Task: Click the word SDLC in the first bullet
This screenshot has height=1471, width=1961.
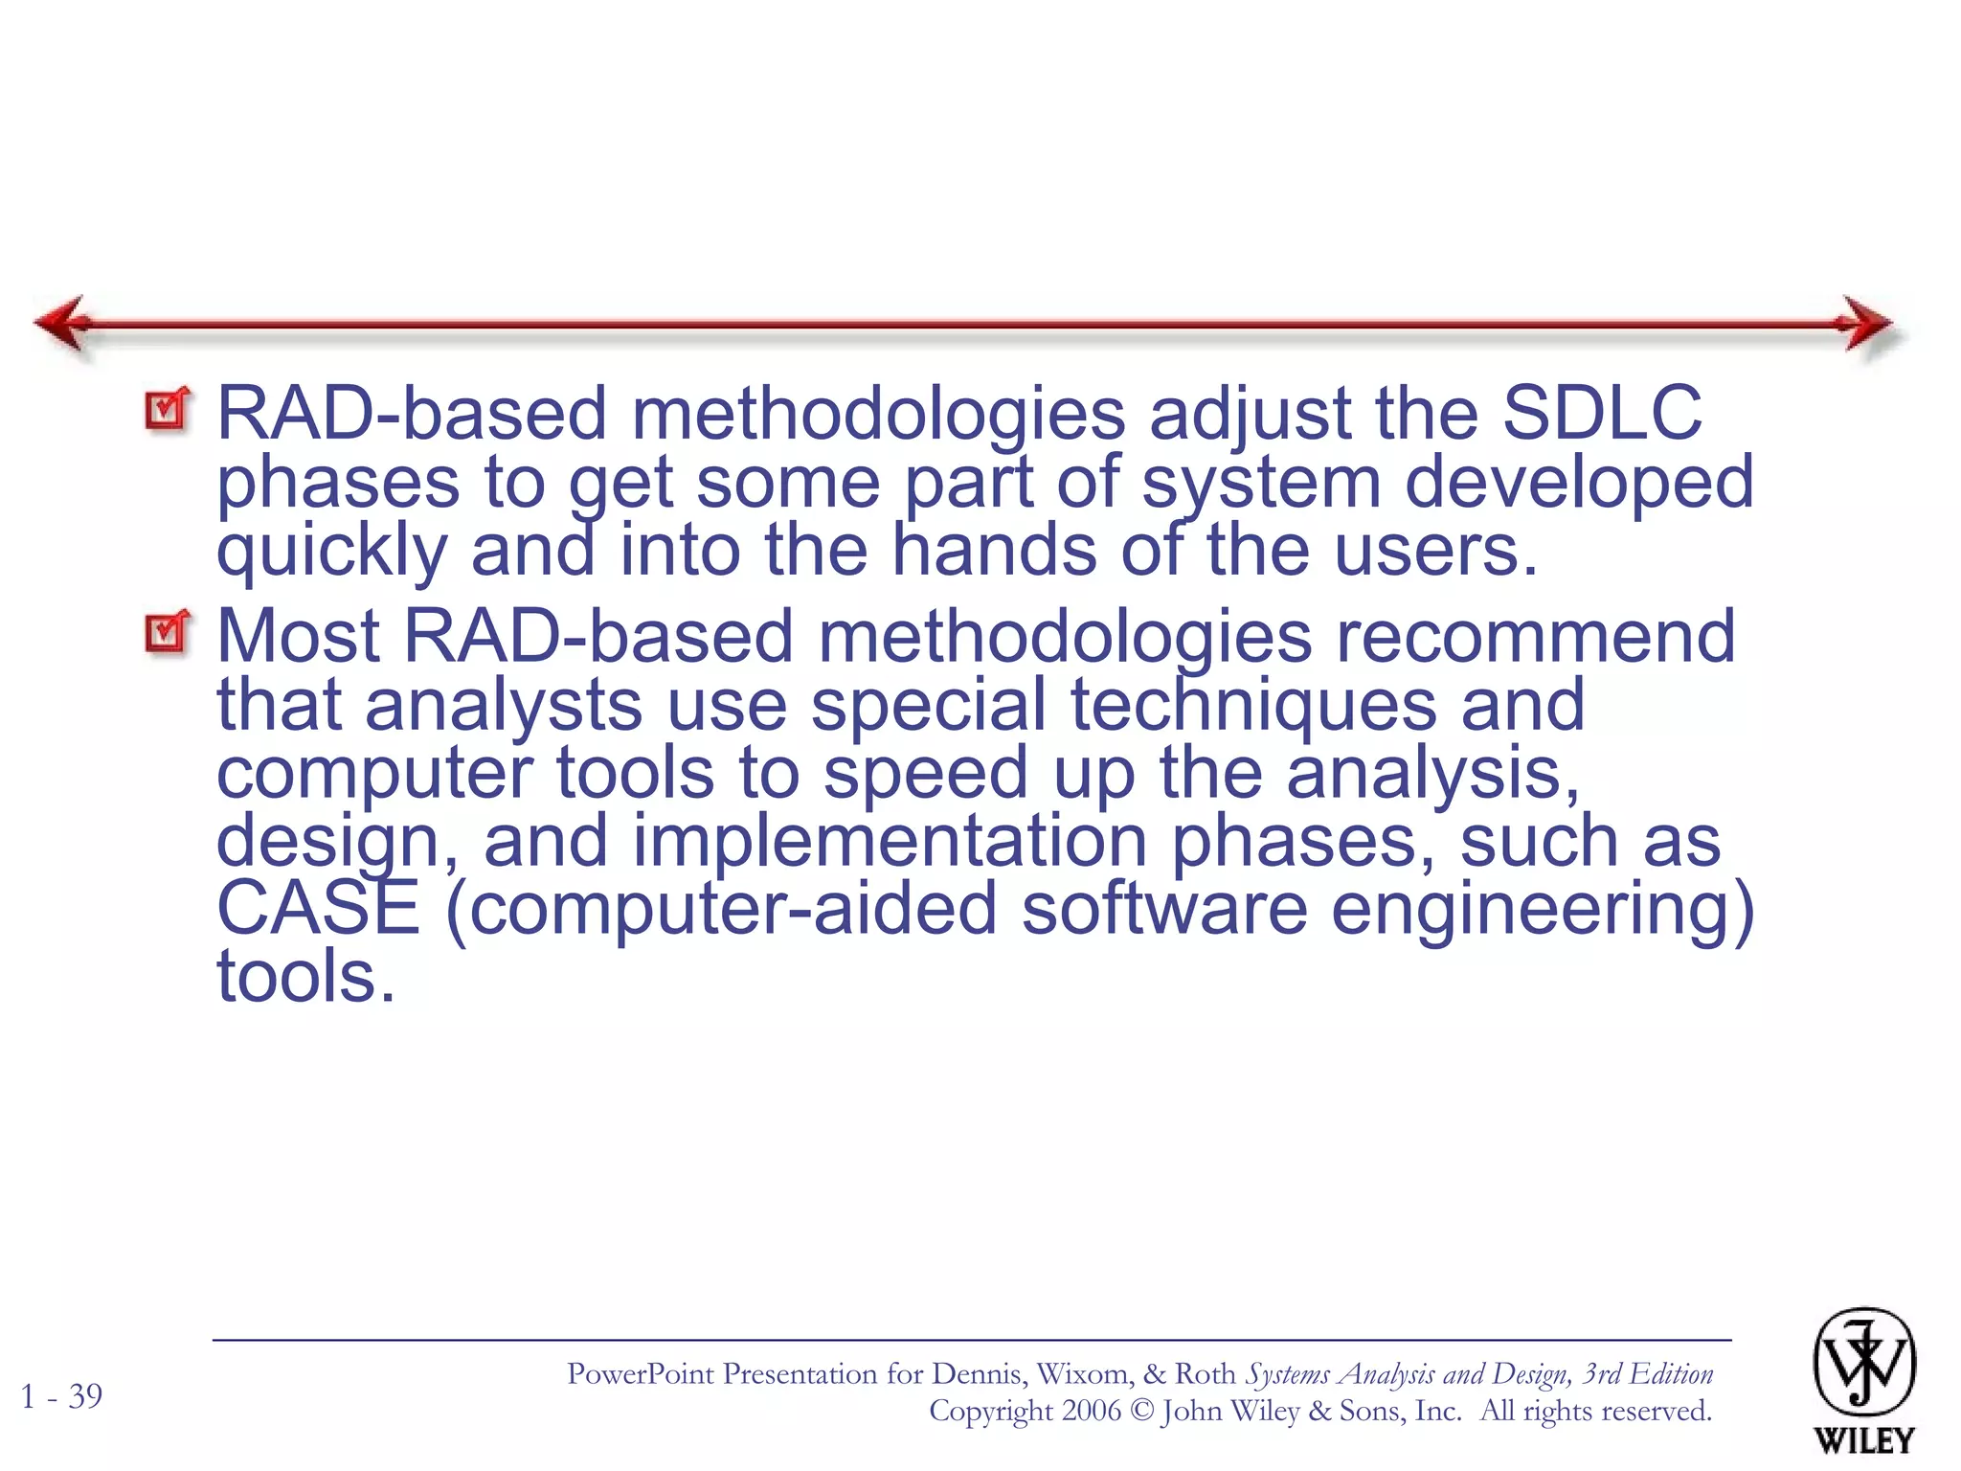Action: (1601, 414)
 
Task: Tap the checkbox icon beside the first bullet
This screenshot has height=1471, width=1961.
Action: (168, 411)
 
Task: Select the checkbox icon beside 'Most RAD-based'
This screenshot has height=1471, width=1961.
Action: (168, 633)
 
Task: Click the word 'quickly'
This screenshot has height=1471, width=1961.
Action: (331, 553)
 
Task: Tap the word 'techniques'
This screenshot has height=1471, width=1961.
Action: (1252, 705)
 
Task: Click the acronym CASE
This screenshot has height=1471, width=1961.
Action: (318, 908)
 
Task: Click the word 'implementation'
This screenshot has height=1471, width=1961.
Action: (890, 841)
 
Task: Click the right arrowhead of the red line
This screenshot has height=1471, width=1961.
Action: (1865, 324)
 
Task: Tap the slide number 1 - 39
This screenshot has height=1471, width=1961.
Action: (61, 1396)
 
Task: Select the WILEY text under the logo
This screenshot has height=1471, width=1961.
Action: (1863, 1440)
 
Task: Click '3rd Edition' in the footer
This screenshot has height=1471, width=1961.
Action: (1647, 1374)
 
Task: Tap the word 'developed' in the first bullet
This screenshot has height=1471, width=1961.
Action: (1579, 483)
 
